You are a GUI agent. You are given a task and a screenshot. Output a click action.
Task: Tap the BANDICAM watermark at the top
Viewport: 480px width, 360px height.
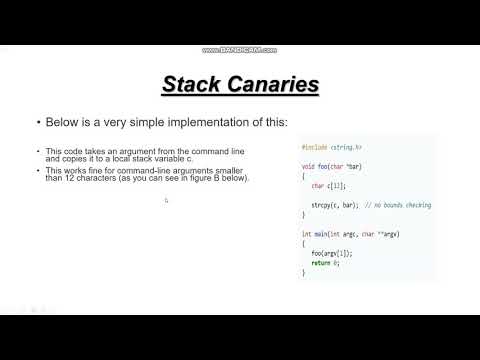click(x=240, y=49)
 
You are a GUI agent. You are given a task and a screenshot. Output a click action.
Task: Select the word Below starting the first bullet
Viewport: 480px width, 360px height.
click(x=62, y=123)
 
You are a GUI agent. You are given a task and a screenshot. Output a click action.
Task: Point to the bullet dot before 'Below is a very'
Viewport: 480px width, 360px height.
click(x=39, y=123)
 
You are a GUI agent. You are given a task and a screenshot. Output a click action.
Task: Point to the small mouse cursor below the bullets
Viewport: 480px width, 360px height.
click(x=166, y=200)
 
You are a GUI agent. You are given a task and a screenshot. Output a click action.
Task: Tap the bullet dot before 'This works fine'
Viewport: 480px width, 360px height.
click(x=39, y=170)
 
